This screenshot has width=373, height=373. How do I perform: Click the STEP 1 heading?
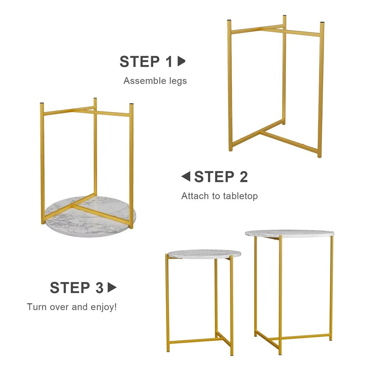tap(146, 62)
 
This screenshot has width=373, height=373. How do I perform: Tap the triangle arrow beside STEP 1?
tap(181, 61)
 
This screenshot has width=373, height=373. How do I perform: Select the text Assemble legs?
tap(155, 81)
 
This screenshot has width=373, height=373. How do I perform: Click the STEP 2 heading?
tap(221, 177)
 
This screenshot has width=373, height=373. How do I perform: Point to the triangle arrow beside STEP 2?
tap(186, 176)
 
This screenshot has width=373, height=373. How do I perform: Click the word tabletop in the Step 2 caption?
tap(240, 196)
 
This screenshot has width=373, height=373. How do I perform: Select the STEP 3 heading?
tap(77, 288)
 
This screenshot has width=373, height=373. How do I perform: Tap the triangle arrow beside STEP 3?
tap(112, 288)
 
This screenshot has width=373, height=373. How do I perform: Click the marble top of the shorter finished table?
tap(204, 254)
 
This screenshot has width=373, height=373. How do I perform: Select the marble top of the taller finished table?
tap(289, 233)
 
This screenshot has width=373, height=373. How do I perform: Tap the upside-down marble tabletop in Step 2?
tap(90, 217)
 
